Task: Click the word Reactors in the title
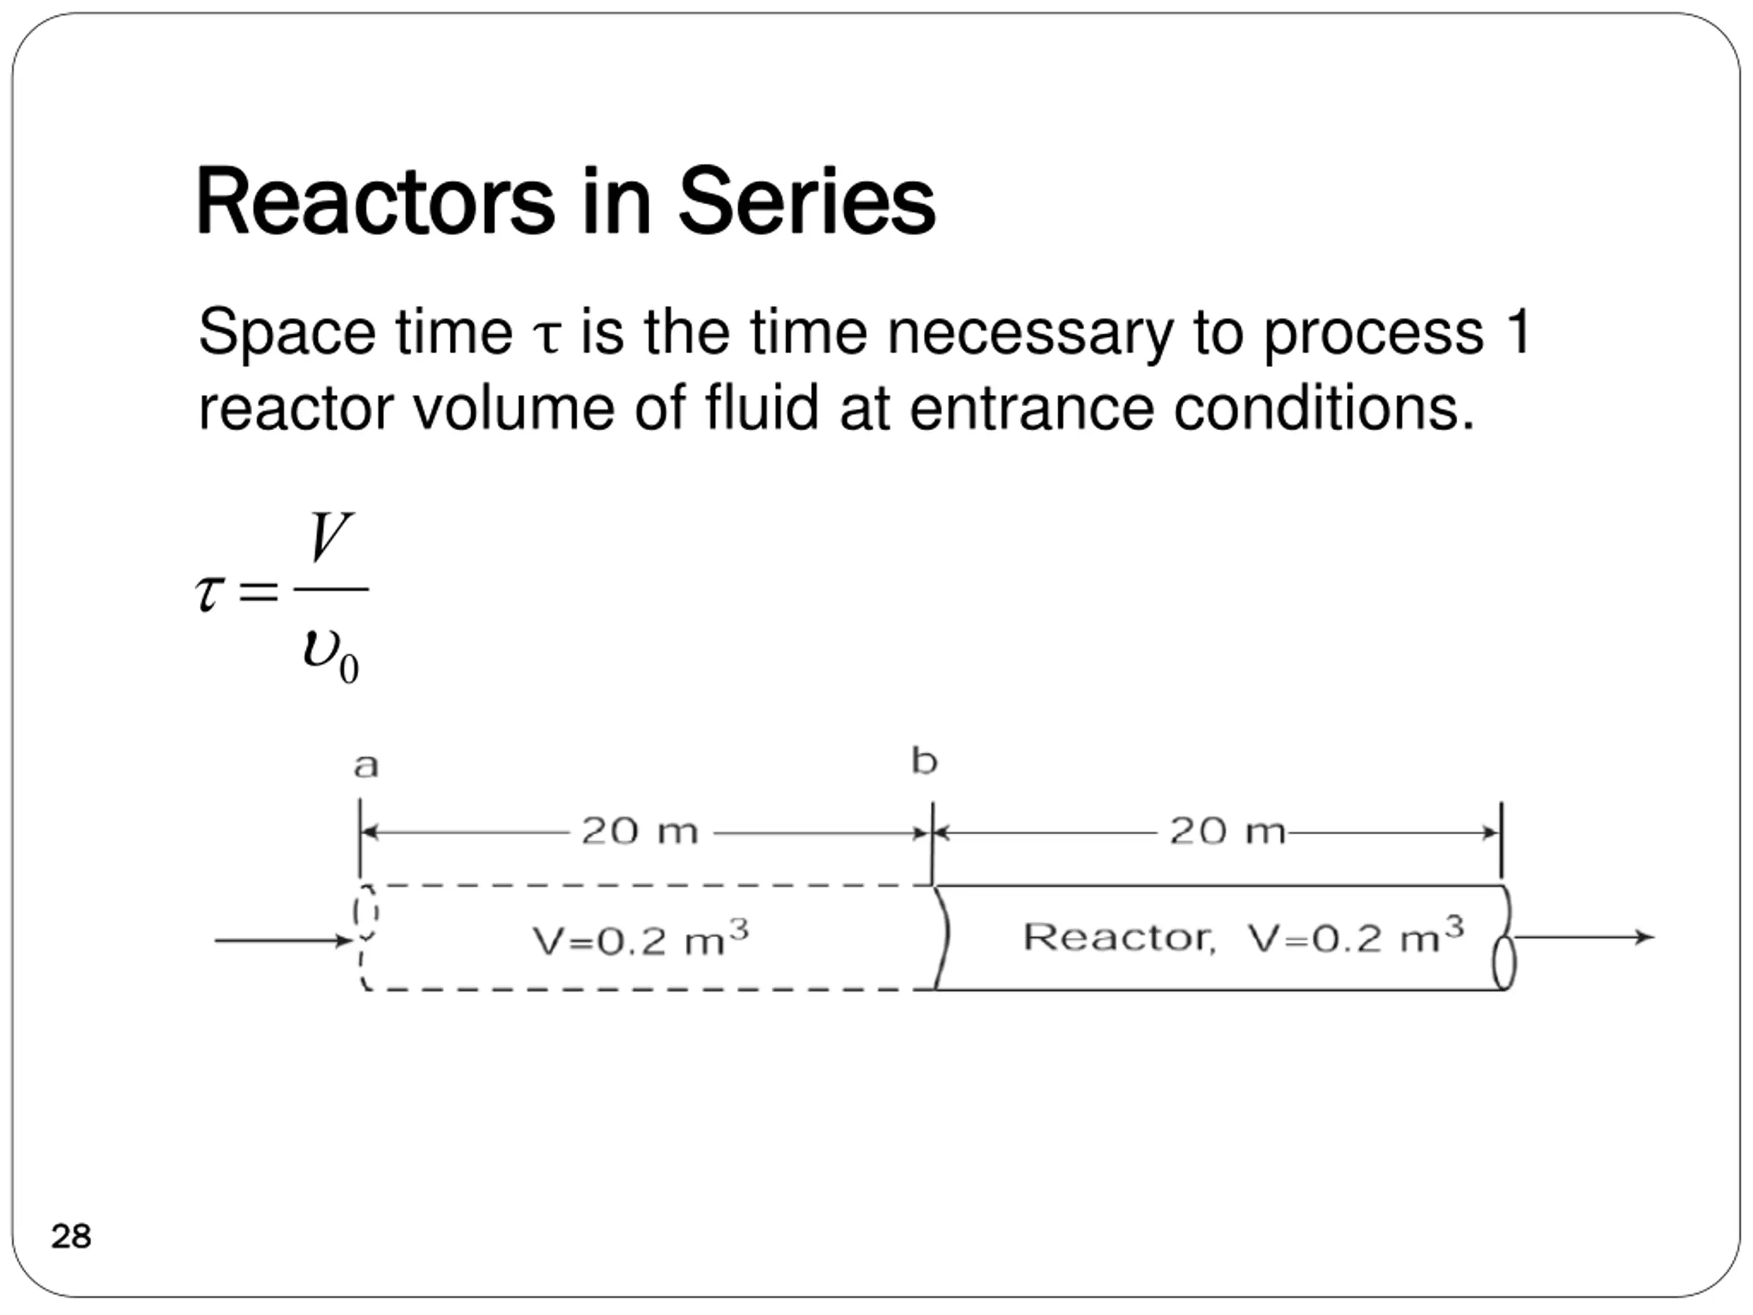click(x=374, y=202)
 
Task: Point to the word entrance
click(x=1031, y=410)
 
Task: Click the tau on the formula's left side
click(x=207, y=594)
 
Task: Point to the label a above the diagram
click(x=366, y=766)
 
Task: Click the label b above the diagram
click(x=924, y=762)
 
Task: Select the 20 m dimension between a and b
click(x=640, y=831)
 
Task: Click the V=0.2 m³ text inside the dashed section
click(x=640, y=941)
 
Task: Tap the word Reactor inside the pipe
click(x=1118, y=938)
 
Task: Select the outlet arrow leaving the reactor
click(x=1583, y=938)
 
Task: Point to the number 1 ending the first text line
click(x=1520, y=333)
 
